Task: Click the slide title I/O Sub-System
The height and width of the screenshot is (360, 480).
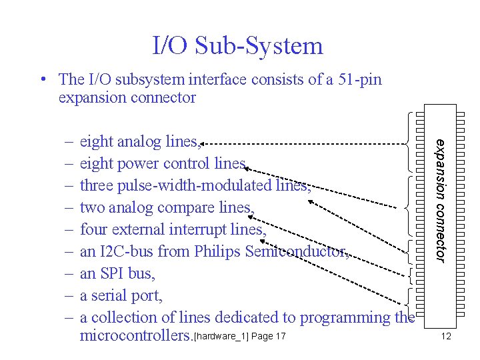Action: tap(238, 45)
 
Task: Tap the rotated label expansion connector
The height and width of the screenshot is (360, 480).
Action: tap(441, 198)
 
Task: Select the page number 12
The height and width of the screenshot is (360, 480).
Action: tap(445, 336)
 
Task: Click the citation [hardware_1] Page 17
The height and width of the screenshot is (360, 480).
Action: tap(239, 336)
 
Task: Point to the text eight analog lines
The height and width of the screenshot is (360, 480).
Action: tap(140, 141)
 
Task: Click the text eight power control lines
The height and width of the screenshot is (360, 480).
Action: tap(164, 163)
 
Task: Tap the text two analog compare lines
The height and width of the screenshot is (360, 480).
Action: tap(167, 207)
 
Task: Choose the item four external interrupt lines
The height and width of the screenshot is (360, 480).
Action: tap(173, 229)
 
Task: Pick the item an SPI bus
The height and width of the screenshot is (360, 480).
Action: tap(121, 273)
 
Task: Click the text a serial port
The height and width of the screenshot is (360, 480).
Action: tap(121, 295)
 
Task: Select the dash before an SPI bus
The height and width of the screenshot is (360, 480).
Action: tap(69, 273)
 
